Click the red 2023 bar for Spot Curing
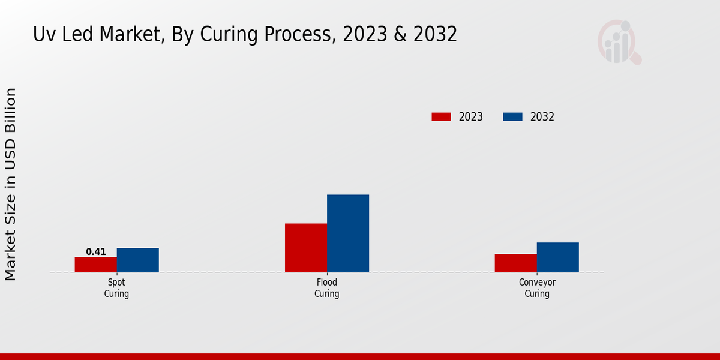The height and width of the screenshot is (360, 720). [96, 265]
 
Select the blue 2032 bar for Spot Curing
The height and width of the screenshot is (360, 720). [138, 260]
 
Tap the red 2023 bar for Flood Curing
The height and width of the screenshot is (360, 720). [306, 248]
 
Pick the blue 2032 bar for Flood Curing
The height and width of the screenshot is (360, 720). [348, 233]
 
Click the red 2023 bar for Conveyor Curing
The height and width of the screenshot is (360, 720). [516, 263]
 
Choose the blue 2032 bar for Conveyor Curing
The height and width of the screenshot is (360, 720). [558, 257]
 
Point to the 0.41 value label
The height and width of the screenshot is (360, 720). [96, 252]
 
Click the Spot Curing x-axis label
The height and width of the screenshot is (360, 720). [116, 288]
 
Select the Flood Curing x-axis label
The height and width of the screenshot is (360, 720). [327, 288]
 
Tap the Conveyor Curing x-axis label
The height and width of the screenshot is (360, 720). [537, 288]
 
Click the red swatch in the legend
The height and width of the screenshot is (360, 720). [441, 117]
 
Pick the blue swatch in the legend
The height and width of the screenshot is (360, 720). [512, 117]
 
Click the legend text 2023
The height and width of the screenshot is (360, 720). [471, 117]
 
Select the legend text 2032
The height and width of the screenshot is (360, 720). [542, 117]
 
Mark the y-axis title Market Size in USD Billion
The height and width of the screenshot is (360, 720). [11, 184]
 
